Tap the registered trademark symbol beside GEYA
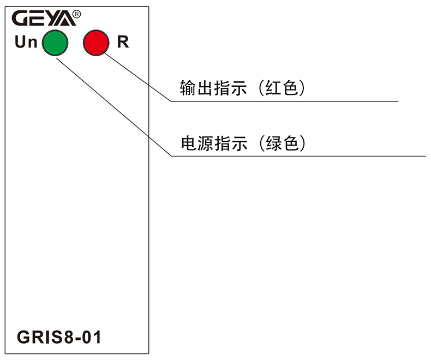(x=76, y=15)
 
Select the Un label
(x=26, y=42)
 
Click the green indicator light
(x=55, y=43)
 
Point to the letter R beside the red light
(x=123, y=42)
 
